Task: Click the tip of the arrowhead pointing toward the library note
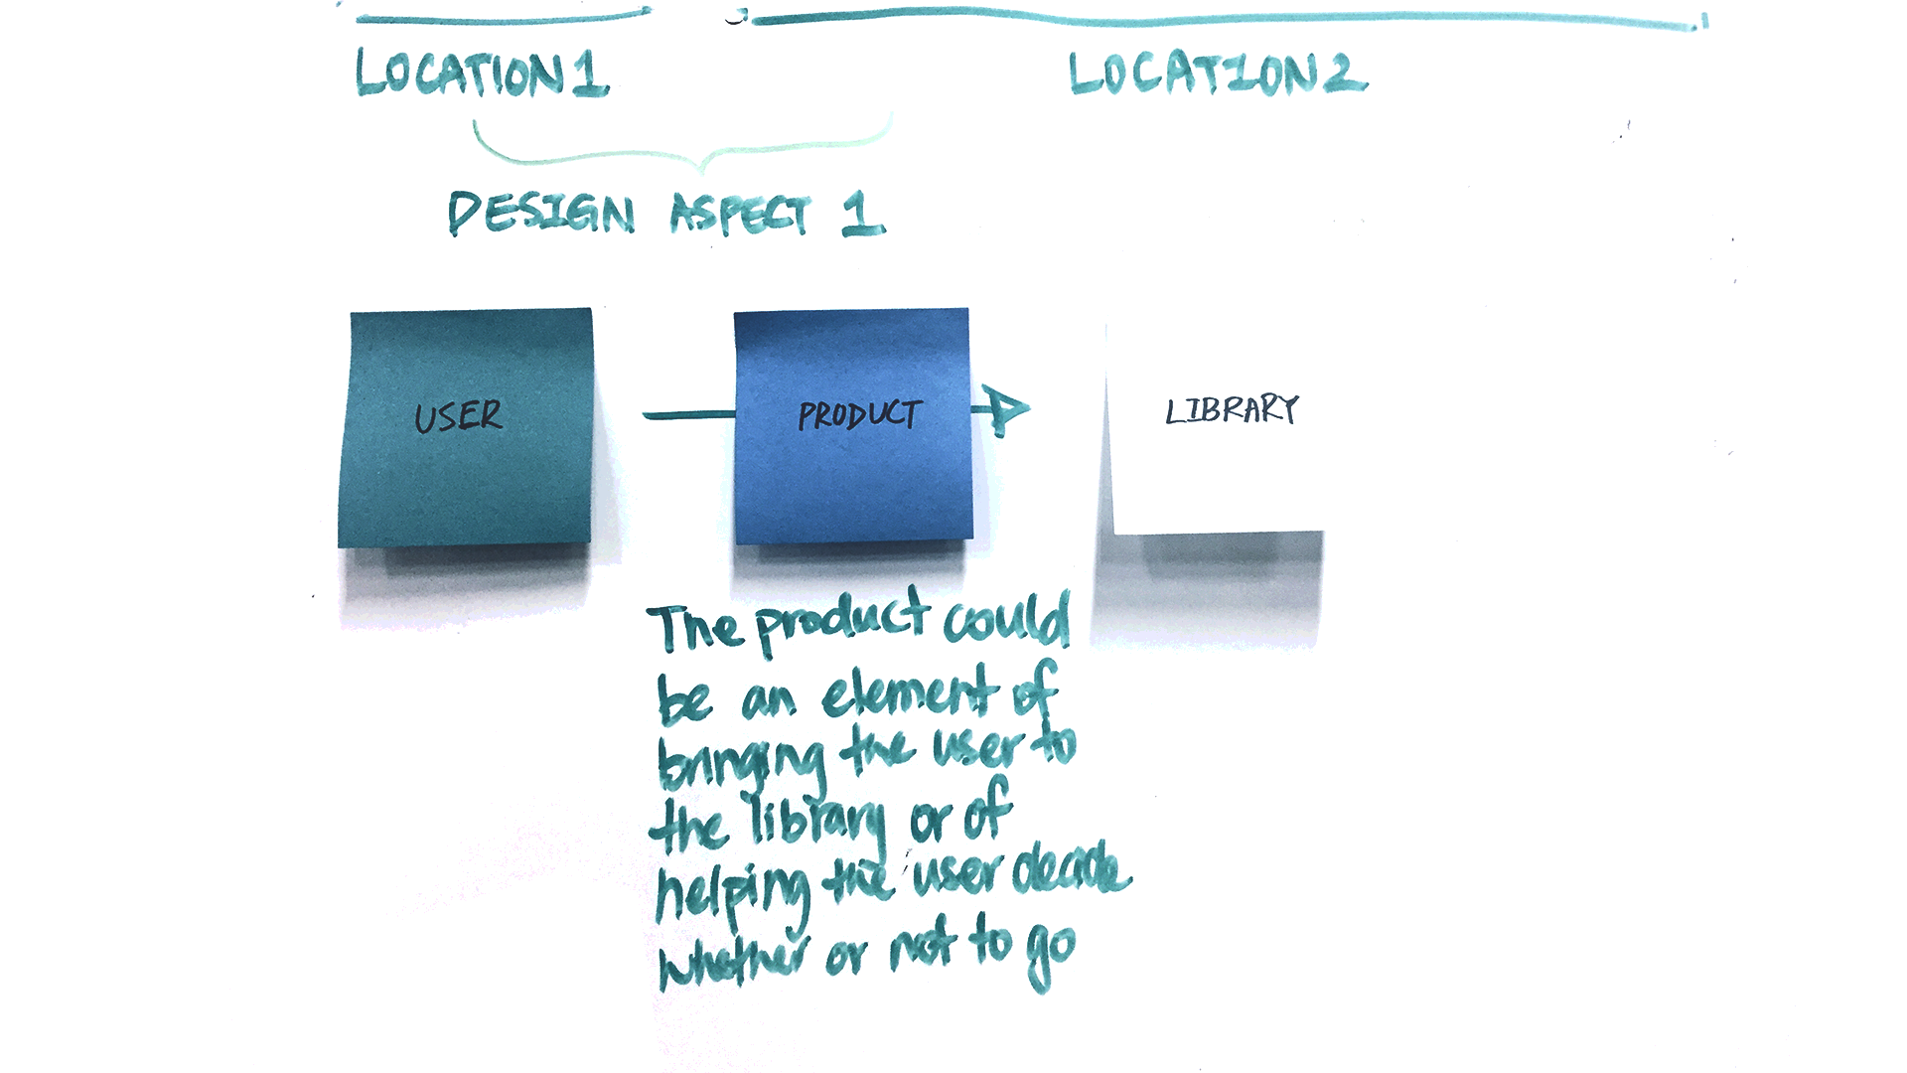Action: [x=1030, y=407]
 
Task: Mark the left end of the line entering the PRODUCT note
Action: [x=644, y=414]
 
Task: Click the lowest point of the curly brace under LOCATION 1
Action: [x=703, y=169]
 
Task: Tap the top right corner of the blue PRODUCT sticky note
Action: [x=968, y=309]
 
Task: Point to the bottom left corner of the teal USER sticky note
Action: [x=339, y=546]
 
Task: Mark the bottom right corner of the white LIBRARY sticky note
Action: [x=1323, y=533]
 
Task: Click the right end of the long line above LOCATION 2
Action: [x=1704, y=22]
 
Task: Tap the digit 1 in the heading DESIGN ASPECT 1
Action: [x=861, y=214]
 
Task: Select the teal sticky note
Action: [x=466, y=428]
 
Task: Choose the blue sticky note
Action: [x=853, y=427]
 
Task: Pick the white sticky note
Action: [x=1215, y=427]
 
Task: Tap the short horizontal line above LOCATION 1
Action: [x=504, y=17]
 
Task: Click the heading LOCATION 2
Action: [x=1218, y=73]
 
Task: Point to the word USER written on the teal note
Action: [x=459, y=415]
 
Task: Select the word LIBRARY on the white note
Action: [x=1232, y=409]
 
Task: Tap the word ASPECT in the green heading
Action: [x=740, y=213]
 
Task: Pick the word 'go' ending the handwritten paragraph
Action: [x=1052, y=953]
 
